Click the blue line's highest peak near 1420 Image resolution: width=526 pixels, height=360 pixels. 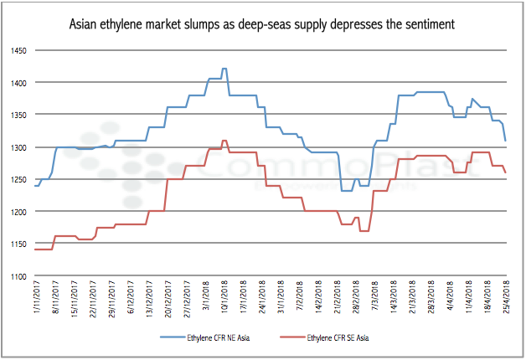[x=224, y=69]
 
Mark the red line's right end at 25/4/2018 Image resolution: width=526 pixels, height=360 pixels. [x=505, y=172]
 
